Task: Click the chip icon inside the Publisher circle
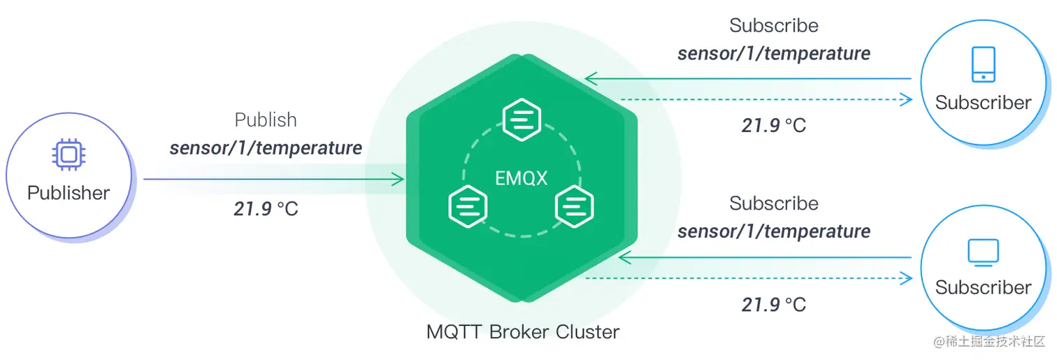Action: [x=68, y=154]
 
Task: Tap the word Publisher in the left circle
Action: [x=69, y=193]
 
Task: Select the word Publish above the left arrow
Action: [x=266, y=120]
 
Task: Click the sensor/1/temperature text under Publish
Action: [x=266, y=148]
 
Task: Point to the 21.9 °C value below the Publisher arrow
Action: [x=266, y=208]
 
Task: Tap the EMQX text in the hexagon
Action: [x=521, y=178]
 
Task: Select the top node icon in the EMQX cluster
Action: [x=522, y=120]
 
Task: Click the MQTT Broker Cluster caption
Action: [x=522, y=331]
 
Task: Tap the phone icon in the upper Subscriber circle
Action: [x=983, y=64]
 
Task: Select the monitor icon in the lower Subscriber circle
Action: [x=983, y=252]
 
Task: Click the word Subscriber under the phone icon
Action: [x=983, y=103]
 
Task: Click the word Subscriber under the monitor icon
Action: [x=983, y=287]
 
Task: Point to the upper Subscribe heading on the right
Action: [x=774, y=26]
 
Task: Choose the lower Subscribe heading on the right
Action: [x=774, y=203]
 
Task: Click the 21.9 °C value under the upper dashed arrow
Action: [x=774, y=126]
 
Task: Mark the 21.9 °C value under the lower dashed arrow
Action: [x=774, y=305]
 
